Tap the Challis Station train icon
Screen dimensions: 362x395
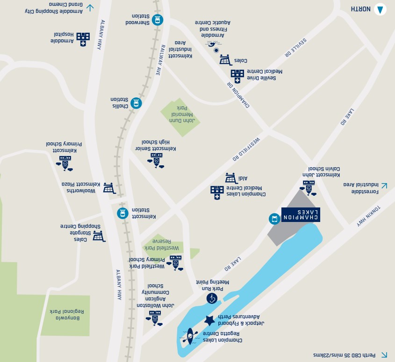coord(136,103)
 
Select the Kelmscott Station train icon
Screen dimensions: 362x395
coord(122,213)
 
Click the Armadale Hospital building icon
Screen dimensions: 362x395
coord(83,39)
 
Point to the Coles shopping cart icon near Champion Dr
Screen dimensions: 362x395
coord(225,59)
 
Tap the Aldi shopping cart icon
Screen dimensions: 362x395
coord(230,178)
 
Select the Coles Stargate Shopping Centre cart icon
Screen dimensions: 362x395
coord(99,236)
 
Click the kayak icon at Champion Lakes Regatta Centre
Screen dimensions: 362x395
coord(190,336)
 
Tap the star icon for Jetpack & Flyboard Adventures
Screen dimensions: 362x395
coord(210,321)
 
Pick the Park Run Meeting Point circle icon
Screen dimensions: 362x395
coord(212,298)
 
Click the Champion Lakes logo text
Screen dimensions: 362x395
coord(301,215)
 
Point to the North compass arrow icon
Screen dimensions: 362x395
coord(381,9)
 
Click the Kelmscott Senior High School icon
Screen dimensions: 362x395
coord(156,159)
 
